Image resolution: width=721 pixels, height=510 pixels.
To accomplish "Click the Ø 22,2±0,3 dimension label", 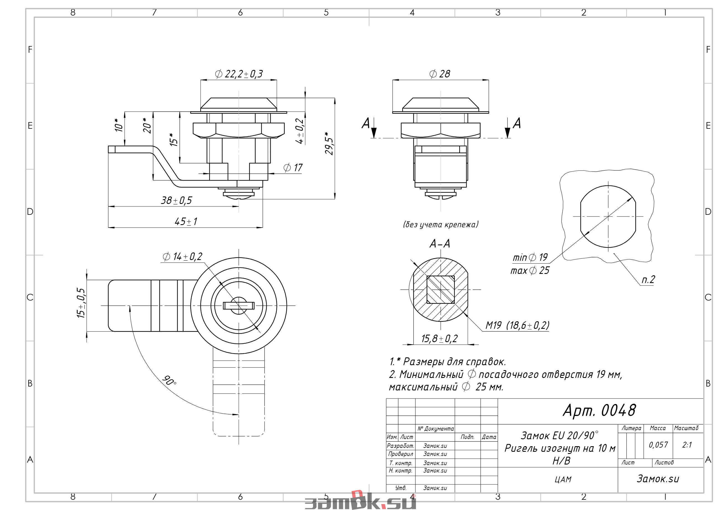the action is coord(239,74).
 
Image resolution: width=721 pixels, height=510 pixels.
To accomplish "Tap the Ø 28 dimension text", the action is coord(440,74).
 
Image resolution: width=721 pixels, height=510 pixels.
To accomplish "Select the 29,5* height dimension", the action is coord(329,143).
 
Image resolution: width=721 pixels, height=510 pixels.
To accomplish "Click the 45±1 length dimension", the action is coord(186,221).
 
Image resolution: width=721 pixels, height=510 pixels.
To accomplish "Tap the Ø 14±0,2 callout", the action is coord(182,256).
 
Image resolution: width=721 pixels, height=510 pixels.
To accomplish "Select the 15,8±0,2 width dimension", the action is coord(440,339).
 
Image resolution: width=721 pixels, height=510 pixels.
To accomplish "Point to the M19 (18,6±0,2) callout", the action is coord(517,325).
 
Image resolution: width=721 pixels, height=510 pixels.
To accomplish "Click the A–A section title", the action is coord(440,244).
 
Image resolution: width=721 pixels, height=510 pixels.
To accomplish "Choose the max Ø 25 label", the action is coord(530,271).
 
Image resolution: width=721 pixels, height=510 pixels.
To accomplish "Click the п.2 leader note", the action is coord(648,280).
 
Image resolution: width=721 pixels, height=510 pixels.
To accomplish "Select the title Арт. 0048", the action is coord(600,410).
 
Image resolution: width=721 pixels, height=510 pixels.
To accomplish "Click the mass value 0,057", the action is coord(658,445).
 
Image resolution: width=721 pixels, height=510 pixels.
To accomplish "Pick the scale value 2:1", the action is coord(687,445).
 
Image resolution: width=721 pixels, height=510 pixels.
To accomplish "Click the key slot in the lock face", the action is coord(239,306).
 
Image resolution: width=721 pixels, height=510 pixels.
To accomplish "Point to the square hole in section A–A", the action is coord(441,290).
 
